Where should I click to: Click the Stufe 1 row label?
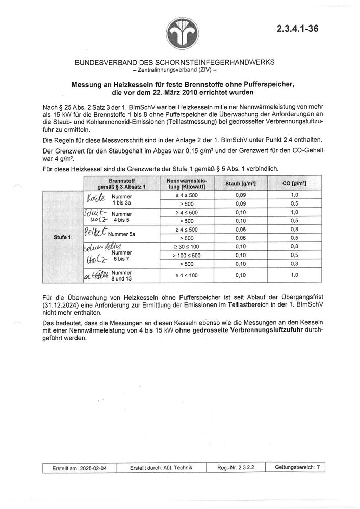pos(63,237)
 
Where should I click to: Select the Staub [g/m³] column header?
pos(241,183)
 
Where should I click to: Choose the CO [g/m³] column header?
pos(294,183)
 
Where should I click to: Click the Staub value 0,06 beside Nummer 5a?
pos(241,229)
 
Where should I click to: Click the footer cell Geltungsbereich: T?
pos(297,467)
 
